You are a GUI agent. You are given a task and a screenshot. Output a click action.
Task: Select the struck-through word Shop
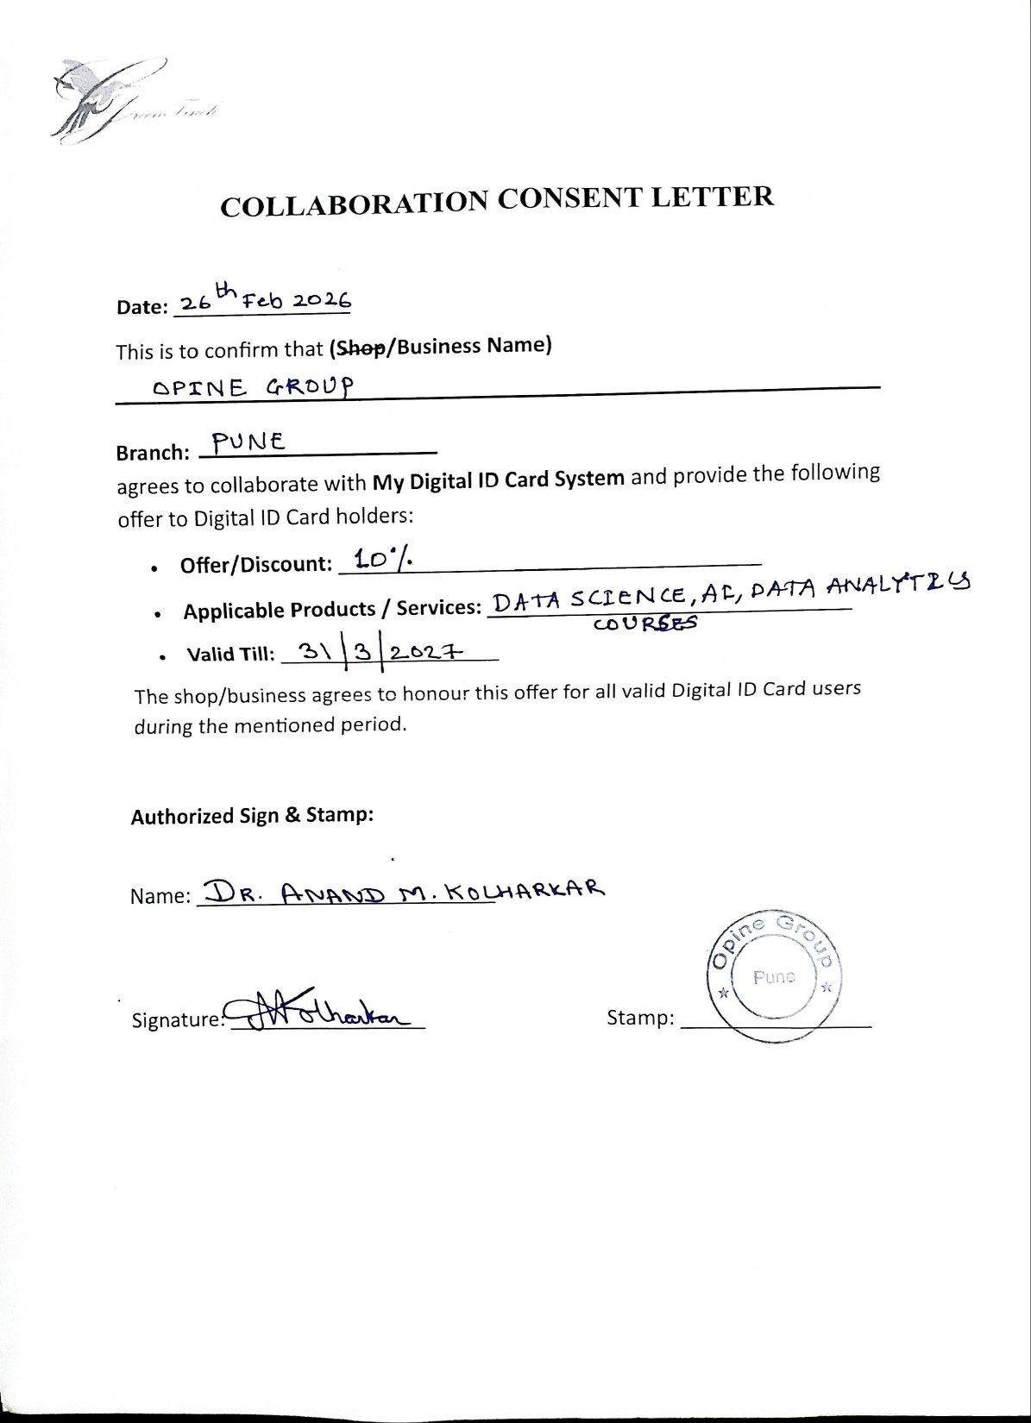[x=353, y=347]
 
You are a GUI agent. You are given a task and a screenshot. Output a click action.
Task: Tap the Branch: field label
[x=152, y=453]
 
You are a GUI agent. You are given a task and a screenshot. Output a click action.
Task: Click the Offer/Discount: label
[x=256, y=565]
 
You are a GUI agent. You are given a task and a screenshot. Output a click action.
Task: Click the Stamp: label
[x=640, y=1018]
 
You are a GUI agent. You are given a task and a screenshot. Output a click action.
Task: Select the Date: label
[x=141, y=307]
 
